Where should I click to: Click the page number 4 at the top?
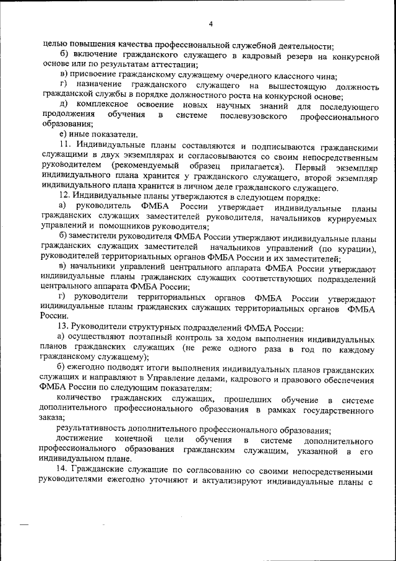click(210, 24)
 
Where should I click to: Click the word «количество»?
click(80, 397)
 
